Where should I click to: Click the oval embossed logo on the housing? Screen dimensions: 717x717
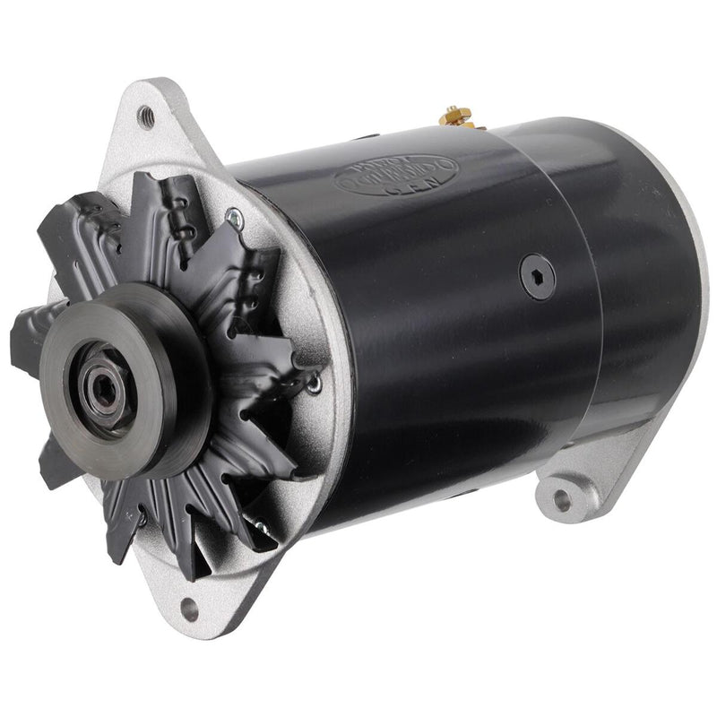(395, 171)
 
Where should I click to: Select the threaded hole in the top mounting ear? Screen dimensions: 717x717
(144, 114)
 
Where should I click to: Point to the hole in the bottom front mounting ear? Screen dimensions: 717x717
(189, 610)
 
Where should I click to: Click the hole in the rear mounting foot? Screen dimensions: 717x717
(562, 500)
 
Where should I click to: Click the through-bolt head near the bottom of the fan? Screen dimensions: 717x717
(142, 517)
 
